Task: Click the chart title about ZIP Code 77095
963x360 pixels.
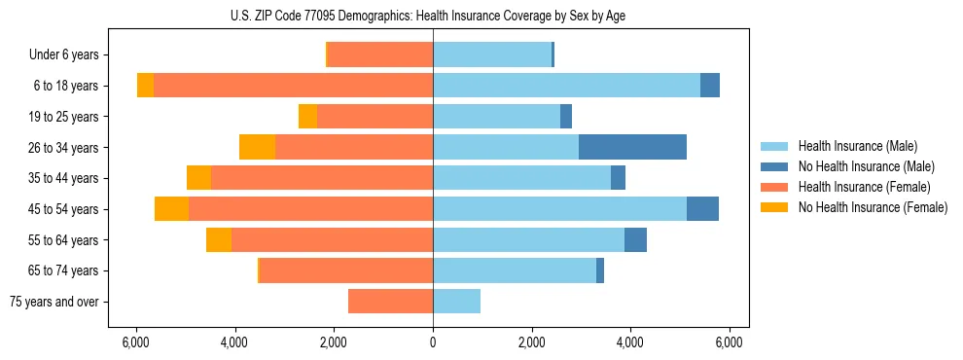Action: click(x=433, y=15)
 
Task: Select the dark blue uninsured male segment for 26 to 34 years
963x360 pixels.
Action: click(x=632, y=147)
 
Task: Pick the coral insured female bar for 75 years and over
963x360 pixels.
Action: click(x=390, y=302)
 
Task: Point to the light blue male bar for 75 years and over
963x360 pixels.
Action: click(x=457, y=302)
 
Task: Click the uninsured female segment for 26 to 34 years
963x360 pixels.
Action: click(x=257, y=147)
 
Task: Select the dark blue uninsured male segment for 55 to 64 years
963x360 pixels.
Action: click(x=635, y=240)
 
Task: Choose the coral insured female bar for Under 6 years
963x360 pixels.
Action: click(x=380, y=54)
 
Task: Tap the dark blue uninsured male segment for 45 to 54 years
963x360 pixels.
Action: click(x=702, y=209)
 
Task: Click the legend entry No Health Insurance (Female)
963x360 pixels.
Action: click(x=871, y=207)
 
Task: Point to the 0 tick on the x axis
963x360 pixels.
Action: click(x=433, y=342)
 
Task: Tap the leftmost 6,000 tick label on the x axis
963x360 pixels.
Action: click(x=136, y=342)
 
